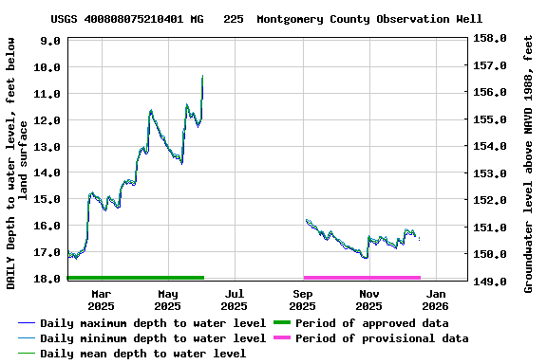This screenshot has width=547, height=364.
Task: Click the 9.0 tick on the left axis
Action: tap(50, 41)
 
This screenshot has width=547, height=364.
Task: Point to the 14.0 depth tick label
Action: tap(50, 173)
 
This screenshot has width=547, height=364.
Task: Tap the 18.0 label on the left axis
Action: tap(50, 279)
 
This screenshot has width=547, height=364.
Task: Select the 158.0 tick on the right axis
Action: tap(490, 39)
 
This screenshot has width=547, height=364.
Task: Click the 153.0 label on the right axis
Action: tap(490, 173)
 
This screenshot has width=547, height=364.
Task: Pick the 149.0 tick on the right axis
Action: tap(490, 282)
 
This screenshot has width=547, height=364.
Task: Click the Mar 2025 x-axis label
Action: tap(101, 300)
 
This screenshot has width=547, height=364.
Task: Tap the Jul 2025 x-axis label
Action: tap(234, 300)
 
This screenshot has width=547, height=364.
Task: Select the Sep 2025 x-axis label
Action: tap(302, 300)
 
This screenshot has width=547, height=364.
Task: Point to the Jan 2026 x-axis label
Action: tap(435, 300)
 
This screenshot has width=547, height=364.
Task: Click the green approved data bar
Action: tap(136, 278)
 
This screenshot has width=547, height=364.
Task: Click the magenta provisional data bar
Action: tap(362, 278)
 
